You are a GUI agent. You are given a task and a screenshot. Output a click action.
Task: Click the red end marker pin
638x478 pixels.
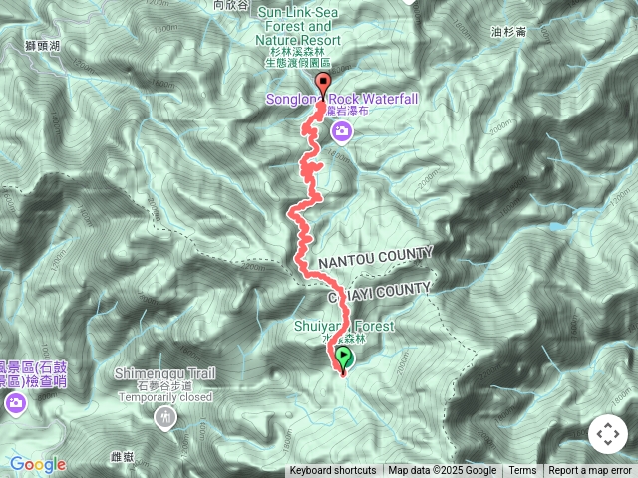(323, 84)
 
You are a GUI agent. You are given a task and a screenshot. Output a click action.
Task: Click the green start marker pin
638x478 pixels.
(344, 358)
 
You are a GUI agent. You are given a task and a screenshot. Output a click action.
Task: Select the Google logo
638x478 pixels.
(37, 464)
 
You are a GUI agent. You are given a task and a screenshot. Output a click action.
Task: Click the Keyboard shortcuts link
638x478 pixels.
(333, 471)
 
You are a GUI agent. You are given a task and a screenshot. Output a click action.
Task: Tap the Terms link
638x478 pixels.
(522, 471)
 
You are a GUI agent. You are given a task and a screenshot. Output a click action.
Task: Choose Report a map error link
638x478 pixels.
(590, 471)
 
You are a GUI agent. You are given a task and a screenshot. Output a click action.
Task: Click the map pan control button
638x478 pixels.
(607, 434)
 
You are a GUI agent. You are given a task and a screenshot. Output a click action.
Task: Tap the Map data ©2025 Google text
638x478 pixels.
(442, 471)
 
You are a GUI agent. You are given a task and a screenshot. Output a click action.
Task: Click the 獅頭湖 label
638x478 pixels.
(42, 46)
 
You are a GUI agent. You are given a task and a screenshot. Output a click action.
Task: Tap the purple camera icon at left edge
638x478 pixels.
(15, 402)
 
